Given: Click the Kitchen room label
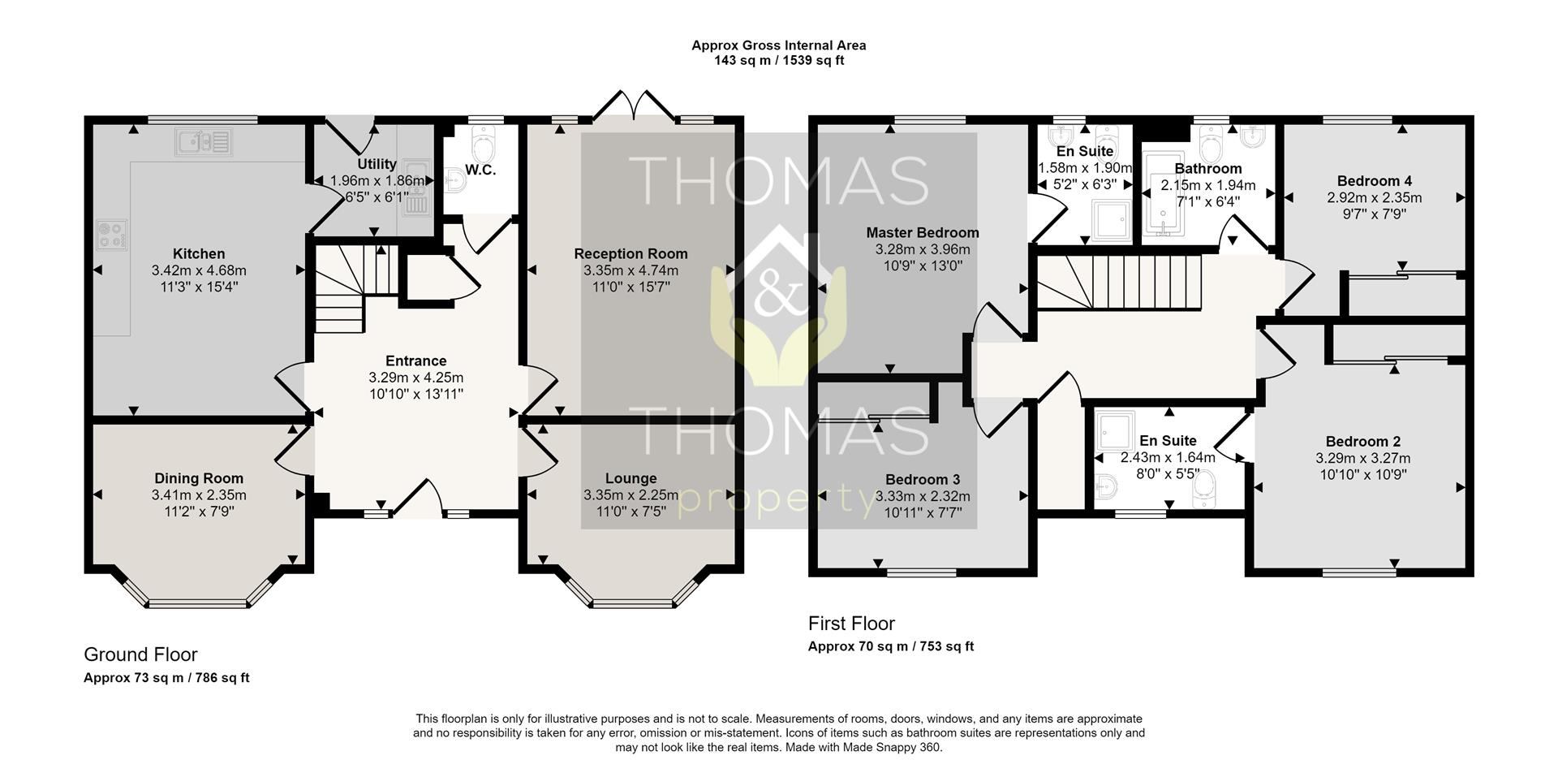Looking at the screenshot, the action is coord(199,253).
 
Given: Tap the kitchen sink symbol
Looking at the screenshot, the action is coord(203,142).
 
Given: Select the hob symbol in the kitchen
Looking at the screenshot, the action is coord(112,234).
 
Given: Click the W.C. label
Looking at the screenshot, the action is coord(480,171).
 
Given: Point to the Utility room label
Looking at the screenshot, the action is coord(377,164).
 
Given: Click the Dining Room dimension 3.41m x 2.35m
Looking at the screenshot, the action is coord(199,495).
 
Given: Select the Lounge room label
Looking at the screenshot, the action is coord(631,479).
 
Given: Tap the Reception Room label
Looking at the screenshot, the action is coord(631,254).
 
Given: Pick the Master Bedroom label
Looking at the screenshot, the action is coord(923,233).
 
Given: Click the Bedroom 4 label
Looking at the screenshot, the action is coord(1375,181).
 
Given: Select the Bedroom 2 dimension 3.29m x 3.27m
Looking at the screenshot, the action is coord(1363,458).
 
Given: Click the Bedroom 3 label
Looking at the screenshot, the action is coord(923,480).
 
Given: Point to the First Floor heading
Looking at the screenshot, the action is coord(851,624).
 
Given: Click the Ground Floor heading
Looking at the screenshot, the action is coord(140,654).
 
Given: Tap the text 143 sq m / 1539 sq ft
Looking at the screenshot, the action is coord(779,60).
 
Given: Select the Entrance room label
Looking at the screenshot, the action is coord(416,361).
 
